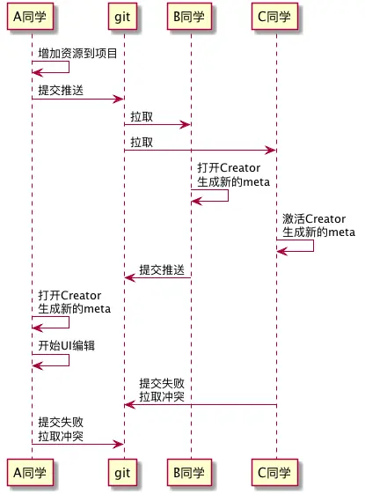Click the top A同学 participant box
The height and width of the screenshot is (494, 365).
click(32, 18)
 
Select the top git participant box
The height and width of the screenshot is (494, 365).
click(123, 18)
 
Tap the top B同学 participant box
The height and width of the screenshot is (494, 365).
click(191, 18)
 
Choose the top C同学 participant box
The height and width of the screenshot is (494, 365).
click(276, 18)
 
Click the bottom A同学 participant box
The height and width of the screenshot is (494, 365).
click(32, 474)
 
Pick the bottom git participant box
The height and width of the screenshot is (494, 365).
click(123, 474)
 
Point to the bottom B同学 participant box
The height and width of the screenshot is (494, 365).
click(191, 474)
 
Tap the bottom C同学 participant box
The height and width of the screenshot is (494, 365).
click(276, 474)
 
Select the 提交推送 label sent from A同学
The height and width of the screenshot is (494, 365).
click(61, 91)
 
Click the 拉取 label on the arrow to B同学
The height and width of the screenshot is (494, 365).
click(141, 116)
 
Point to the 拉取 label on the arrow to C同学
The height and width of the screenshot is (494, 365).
click(141, 142)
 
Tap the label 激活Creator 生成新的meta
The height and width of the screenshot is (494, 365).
click(318, 225)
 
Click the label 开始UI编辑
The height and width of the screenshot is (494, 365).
click(66, 346)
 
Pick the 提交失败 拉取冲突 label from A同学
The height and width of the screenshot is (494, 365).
click(61, 429)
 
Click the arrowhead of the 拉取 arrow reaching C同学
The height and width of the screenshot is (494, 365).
click(272, 151)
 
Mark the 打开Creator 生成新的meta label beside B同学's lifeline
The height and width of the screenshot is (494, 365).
click(233, 175)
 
